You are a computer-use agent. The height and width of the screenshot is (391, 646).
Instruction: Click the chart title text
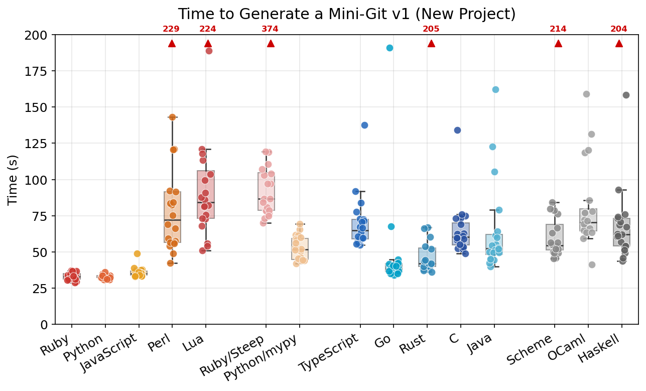tap(346, 14)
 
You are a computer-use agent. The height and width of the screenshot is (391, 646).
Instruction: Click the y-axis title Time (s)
tap(13, 180)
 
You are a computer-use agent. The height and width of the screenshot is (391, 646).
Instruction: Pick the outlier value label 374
tap(270, 29)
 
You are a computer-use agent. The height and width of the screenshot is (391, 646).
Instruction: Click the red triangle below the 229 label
tap(172, 44)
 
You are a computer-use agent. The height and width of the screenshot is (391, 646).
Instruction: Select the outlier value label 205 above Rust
tap(431, 29)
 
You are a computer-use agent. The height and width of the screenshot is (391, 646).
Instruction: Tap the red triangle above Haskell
tap(619, 44)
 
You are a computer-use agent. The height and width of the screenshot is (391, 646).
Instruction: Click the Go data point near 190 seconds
tap(390, 48)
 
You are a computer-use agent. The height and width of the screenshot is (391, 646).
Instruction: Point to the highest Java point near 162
tap(495, 89)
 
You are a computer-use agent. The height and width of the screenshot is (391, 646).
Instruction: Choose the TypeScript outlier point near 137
tap(364, 125)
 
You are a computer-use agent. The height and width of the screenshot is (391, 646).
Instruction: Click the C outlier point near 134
tap(457, 130)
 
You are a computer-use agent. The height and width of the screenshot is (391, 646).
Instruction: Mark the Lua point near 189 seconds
tap(209, 51)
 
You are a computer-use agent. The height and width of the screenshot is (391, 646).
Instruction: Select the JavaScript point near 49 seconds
tap(137, 253)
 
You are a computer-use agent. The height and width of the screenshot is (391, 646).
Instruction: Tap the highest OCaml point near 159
tap(586, 94)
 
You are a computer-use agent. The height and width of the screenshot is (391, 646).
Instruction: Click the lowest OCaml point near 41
tap(592, 265)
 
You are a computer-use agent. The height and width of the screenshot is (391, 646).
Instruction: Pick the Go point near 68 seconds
tap(391, 226)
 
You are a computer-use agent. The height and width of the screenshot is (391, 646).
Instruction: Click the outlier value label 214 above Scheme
tap(558, 29)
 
